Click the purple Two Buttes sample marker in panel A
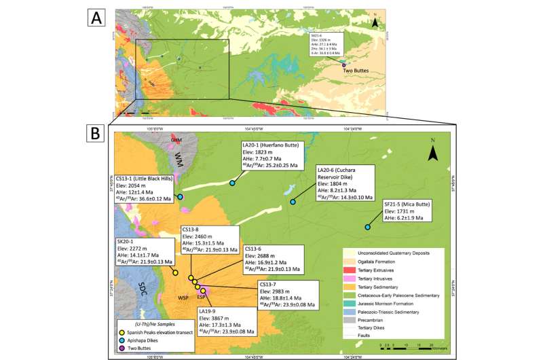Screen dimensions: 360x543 pyautogui.click(x=343, y=65)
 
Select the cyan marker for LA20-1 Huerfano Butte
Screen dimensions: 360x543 pyautogui.click(x=232, y=183)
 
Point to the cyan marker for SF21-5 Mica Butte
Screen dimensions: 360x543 pyautogui.click(x=368, y=227)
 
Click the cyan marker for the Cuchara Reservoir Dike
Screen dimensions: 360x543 pyautogui.click(x=293, y=202)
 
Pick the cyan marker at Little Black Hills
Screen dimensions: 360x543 pyautogui.click(x=181, y=197)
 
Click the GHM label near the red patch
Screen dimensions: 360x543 pyautogui.click(x=176, y=139)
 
